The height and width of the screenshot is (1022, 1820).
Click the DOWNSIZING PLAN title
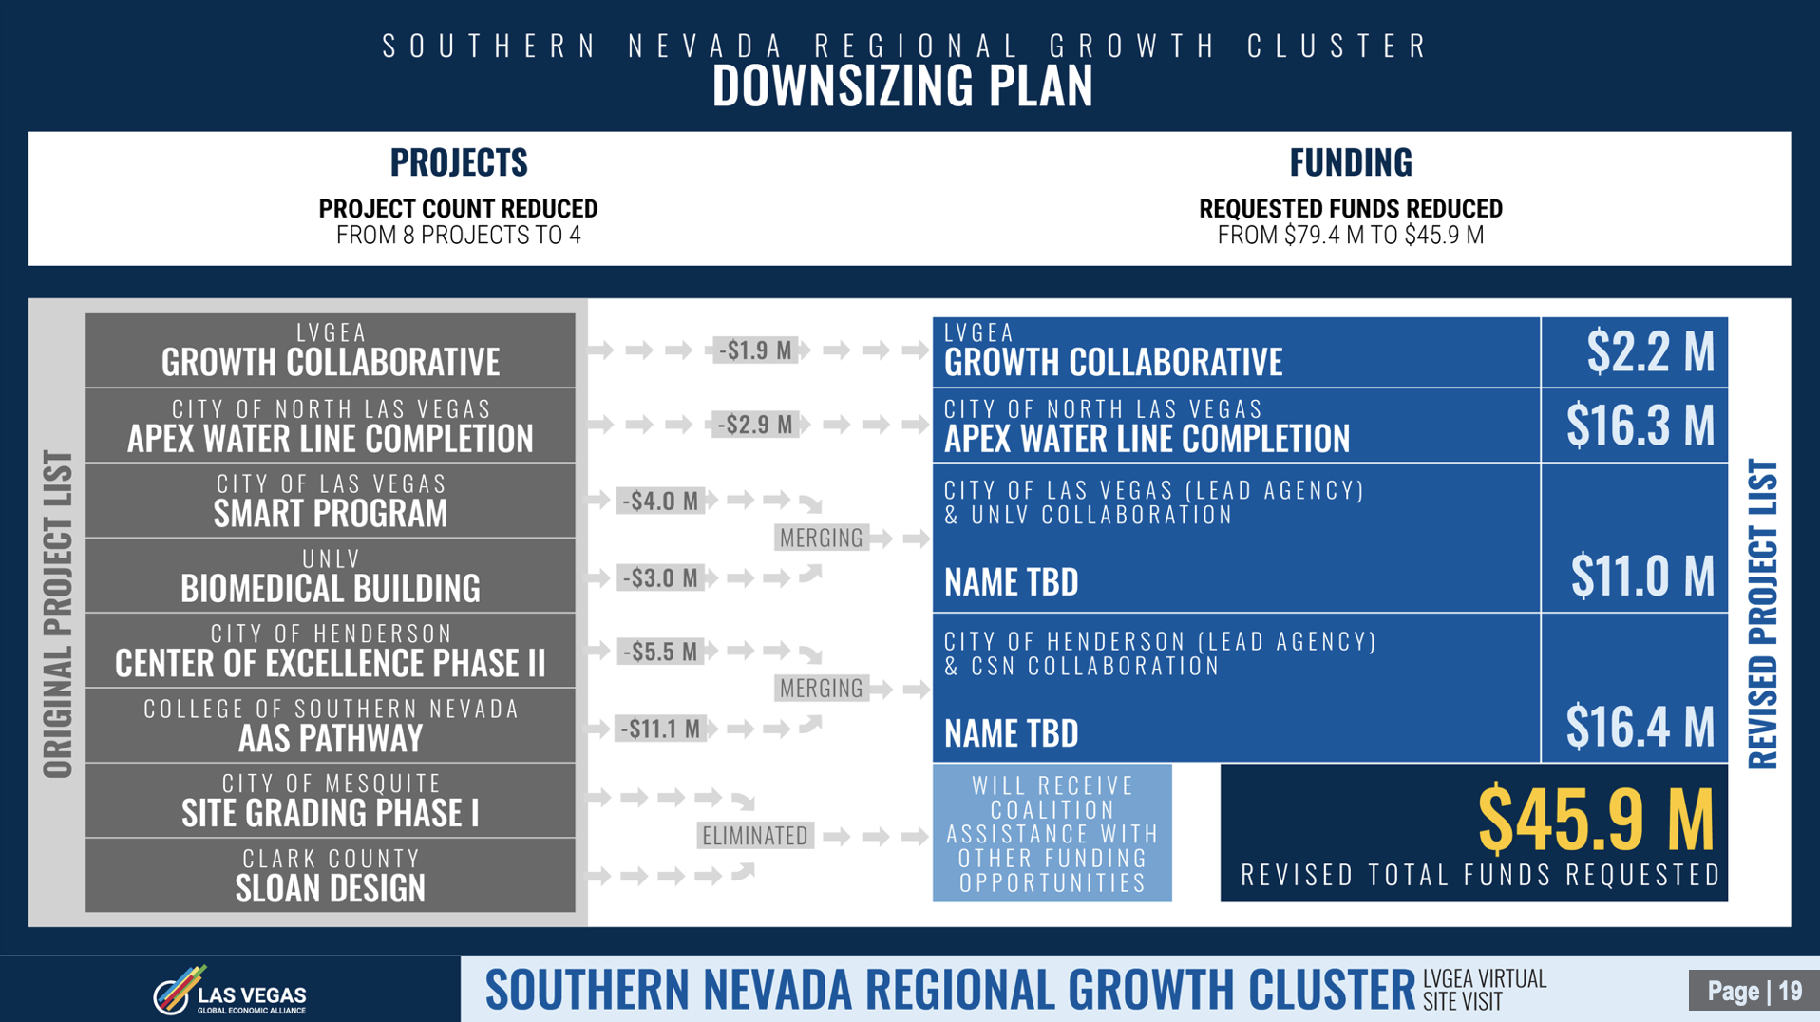pyautogui.click(x=902, y=85)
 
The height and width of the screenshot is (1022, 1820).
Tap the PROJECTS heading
pyautogui.click(x=459, y=162)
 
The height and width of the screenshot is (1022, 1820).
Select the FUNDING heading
pyautogui.click(x=1351, y=162)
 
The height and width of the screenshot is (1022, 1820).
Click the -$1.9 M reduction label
pyautogui.click(x=756, y=350)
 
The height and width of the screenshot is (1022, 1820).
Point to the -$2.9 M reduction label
pyautogui.click(x=756, y=425)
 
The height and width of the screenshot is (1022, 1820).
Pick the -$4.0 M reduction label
pyautogui.click(x=660, y=501)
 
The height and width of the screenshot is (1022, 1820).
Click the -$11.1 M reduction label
pyautogui.click(x=660, y=729)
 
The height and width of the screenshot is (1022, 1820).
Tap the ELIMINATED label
pyautogui.click(x=755, y=836)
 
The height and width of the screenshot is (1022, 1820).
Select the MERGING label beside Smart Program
pyautogui.click(x=822, y=539)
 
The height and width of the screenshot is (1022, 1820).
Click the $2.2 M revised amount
pyautogui.click(x=1651, y=351)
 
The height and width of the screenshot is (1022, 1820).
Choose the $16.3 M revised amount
pyautogui.click(x=1640, y=425)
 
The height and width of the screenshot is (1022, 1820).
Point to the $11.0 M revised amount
pyautogui.click(x=1642, y=576)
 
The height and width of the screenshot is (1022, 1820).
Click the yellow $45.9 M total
pyautogui.click(x=1596, y=820)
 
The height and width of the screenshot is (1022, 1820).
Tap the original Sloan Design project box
pyautogui.click(x=331, y=875)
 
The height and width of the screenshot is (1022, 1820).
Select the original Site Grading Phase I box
pyautogui.click(x=331, y=800)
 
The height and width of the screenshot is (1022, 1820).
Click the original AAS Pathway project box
pyautogui.click(x=331, y=725)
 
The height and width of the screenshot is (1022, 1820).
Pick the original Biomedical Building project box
pyautogui.click(x=331, y=575)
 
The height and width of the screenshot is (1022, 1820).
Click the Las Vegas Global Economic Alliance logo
pyautogui.click(x=230, y=991)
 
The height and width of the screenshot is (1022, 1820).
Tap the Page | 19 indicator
pyautogui.click(x=1754, y=992)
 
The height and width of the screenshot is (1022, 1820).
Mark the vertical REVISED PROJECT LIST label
pyautogui.click(x=1763, y=615)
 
